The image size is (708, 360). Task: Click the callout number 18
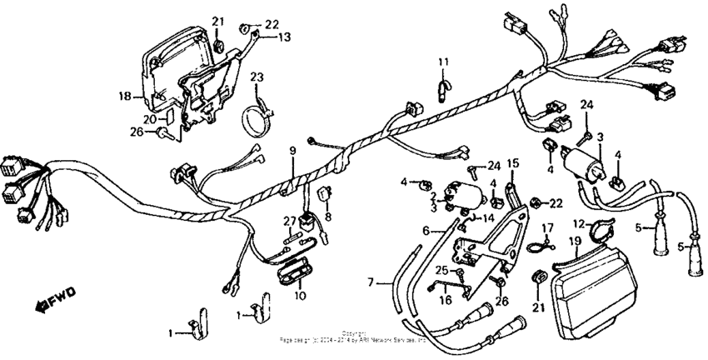126,97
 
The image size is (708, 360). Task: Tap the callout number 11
444,62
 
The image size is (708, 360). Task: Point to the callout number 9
292,151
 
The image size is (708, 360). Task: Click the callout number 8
328,217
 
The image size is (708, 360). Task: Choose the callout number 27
289,220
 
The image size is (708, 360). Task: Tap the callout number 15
513,163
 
